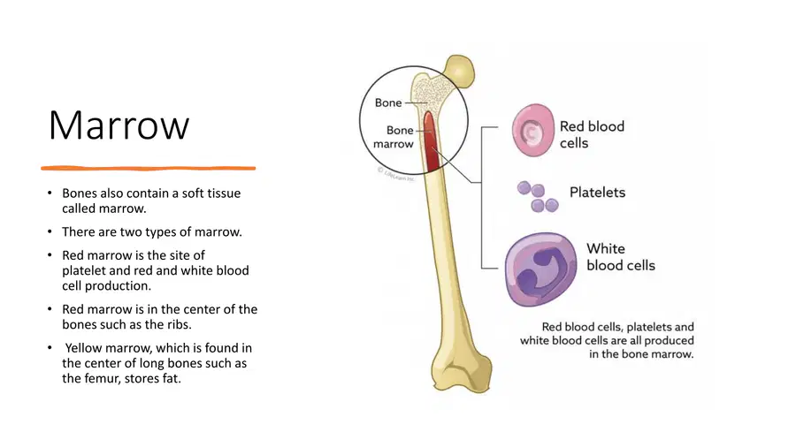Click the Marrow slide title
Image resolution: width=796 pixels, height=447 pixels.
(x=119, y=125)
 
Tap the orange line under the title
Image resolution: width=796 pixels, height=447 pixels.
(x=149, y=168)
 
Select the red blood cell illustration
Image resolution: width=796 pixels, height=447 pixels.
(x=532, y=130)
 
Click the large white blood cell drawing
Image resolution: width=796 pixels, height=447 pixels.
(x=541, y=269)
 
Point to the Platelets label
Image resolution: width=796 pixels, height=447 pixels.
(x=597, y=193)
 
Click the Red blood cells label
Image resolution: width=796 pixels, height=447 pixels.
(x=592, y=134)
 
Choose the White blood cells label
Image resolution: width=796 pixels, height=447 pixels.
(x=621, y=256)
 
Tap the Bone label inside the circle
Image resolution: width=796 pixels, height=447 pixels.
(x=388, y=102)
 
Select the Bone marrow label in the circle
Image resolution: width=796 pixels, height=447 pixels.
(x=394, y=137)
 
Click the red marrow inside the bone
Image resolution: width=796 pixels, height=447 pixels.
(x=431, y=142)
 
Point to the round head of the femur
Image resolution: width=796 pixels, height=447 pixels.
(x=460, y=71)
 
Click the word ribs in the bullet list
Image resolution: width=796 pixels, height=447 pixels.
(x=178, y=324)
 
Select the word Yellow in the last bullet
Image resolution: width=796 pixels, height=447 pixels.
(x=83, y=348)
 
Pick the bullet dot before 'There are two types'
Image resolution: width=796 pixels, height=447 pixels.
(x=50, y=231)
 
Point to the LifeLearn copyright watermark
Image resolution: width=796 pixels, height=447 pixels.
(x=396, y=174)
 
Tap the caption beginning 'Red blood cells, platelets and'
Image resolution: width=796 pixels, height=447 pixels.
(x=607, y=341)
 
